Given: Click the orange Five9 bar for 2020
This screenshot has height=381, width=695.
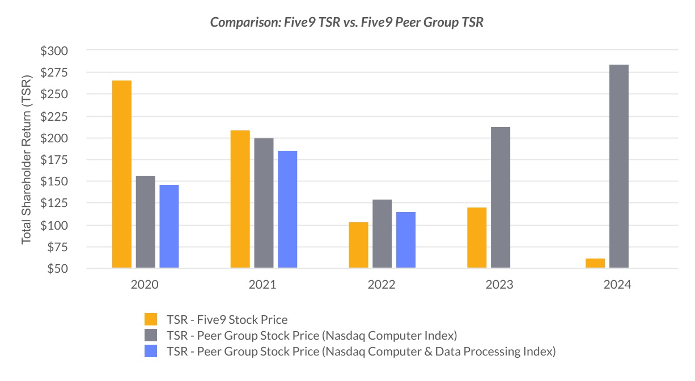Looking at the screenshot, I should point(122,174).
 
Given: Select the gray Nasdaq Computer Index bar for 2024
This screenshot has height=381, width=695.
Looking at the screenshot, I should point(619,166).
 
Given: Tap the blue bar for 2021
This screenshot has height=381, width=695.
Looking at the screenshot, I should point(287,209).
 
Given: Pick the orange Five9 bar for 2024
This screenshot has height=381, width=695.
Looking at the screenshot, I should point(595,264).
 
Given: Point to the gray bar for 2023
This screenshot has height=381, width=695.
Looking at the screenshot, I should point(501,197).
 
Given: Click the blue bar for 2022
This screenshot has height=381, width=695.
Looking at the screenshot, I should point(406,240).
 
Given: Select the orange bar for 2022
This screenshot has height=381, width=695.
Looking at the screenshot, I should point(358,245).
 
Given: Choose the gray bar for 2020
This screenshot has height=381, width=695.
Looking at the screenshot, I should point(146,222).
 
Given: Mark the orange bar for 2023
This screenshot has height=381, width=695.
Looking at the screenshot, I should point(477,238).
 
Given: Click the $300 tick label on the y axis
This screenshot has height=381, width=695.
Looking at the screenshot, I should point(54,51).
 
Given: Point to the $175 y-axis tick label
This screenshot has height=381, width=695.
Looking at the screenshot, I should point(54,160).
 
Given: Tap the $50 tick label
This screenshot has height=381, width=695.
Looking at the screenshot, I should point(57,269).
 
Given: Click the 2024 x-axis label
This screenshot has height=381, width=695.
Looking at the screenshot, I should point(617,285).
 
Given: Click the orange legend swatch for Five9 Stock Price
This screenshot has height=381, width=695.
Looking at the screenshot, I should point(151,319).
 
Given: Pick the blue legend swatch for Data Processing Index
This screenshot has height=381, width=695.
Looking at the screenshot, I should point(151,352).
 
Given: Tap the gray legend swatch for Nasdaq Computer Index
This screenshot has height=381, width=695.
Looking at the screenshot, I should point(151,335).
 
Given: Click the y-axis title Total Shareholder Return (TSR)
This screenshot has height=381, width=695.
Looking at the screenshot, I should point(27,160).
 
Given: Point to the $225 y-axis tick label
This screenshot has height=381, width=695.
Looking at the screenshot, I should point(54,117).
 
